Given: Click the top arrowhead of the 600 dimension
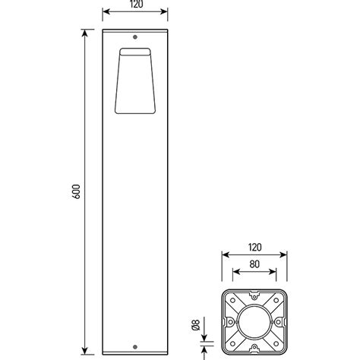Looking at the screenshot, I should (x=82, y=33).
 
